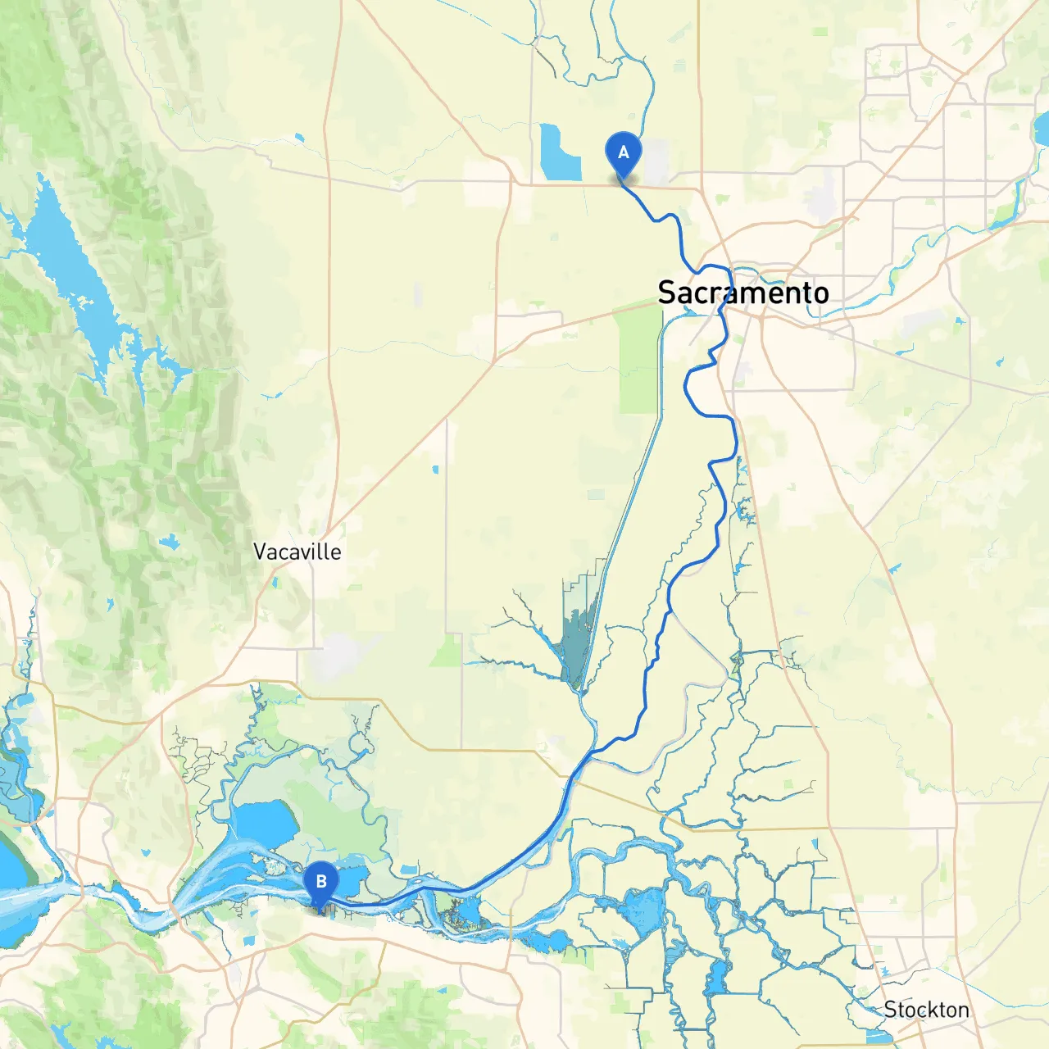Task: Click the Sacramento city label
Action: [742, 293]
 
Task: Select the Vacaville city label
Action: [297, 552]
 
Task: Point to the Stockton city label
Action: [926, 1010]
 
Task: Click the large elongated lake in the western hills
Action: [70, 262]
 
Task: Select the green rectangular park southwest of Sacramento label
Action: [639, 361]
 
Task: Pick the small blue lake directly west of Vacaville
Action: [170, 542]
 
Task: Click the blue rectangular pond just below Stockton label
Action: [879, 1037]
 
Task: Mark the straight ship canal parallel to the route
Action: [631, 492]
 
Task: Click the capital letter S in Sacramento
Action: [668, 293]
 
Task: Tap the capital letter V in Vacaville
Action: [261, 552]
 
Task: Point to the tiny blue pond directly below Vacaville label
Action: [274, 584]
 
